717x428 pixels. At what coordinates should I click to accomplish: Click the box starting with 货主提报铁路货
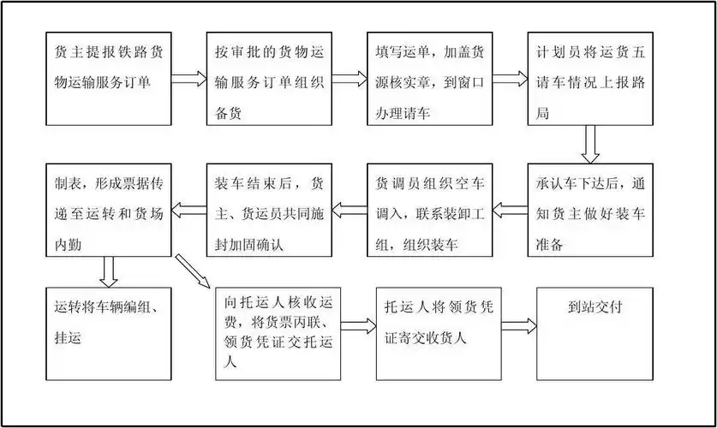(x=108, y=79)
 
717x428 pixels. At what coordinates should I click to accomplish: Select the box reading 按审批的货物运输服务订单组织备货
(x=268, y=79)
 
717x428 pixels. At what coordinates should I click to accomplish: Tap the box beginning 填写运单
(x=429, y=79)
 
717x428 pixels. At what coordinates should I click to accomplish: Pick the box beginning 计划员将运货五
(x=589, y=79)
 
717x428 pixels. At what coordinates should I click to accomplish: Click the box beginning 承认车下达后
(x=589, y=209)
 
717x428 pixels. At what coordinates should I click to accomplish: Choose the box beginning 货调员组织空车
(x=429, y=209)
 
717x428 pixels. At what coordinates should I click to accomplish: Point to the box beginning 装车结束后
(x=268, y=209)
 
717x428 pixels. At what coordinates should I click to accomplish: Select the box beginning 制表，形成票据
(x=108, y=209)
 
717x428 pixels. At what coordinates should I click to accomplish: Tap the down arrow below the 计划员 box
(x=589, y=144)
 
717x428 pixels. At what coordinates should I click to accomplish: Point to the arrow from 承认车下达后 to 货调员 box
(x=510, y=206)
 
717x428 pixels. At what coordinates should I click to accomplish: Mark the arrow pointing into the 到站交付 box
(x=519, y=325)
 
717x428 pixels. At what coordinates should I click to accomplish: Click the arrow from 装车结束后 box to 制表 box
(x=188, y=206)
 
